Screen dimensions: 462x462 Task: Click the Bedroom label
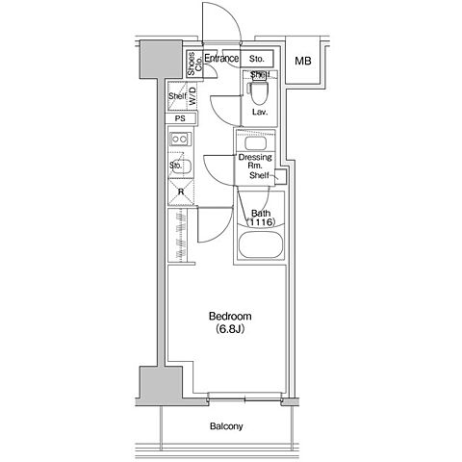click(230, 317)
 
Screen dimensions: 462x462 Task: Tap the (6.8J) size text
click(230, 329)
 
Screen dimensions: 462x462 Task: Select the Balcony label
click(226, 426)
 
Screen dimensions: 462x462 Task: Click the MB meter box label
click(303, 61)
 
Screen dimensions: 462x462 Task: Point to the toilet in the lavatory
click(259, 90)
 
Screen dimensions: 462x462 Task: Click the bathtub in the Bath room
click(260, 244)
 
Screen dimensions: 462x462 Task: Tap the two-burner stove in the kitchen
click(181, 140)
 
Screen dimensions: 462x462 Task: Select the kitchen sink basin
click(182, 167)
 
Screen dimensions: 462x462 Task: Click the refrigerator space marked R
click(181, 192)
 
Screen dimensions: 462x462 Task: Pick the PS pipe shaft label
click(180, 118)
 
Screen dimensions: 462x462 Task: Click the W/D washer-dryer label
click(192, 96)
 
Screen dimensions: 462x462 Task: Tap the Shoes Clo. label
click(194, 64)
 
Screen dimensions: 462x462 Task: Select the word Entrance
click(221, 58)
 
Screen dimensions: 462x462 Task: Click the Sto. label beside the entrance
click(257, 59)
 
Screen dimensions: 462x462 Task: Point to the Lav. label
click(260, 112)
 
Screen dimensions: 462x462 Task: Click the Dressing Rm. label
click(255, 162)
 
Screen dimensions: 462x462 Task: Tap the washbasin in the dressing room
click(256, 142)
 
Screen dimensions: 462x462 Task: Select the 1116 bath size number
click(261, 221)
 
